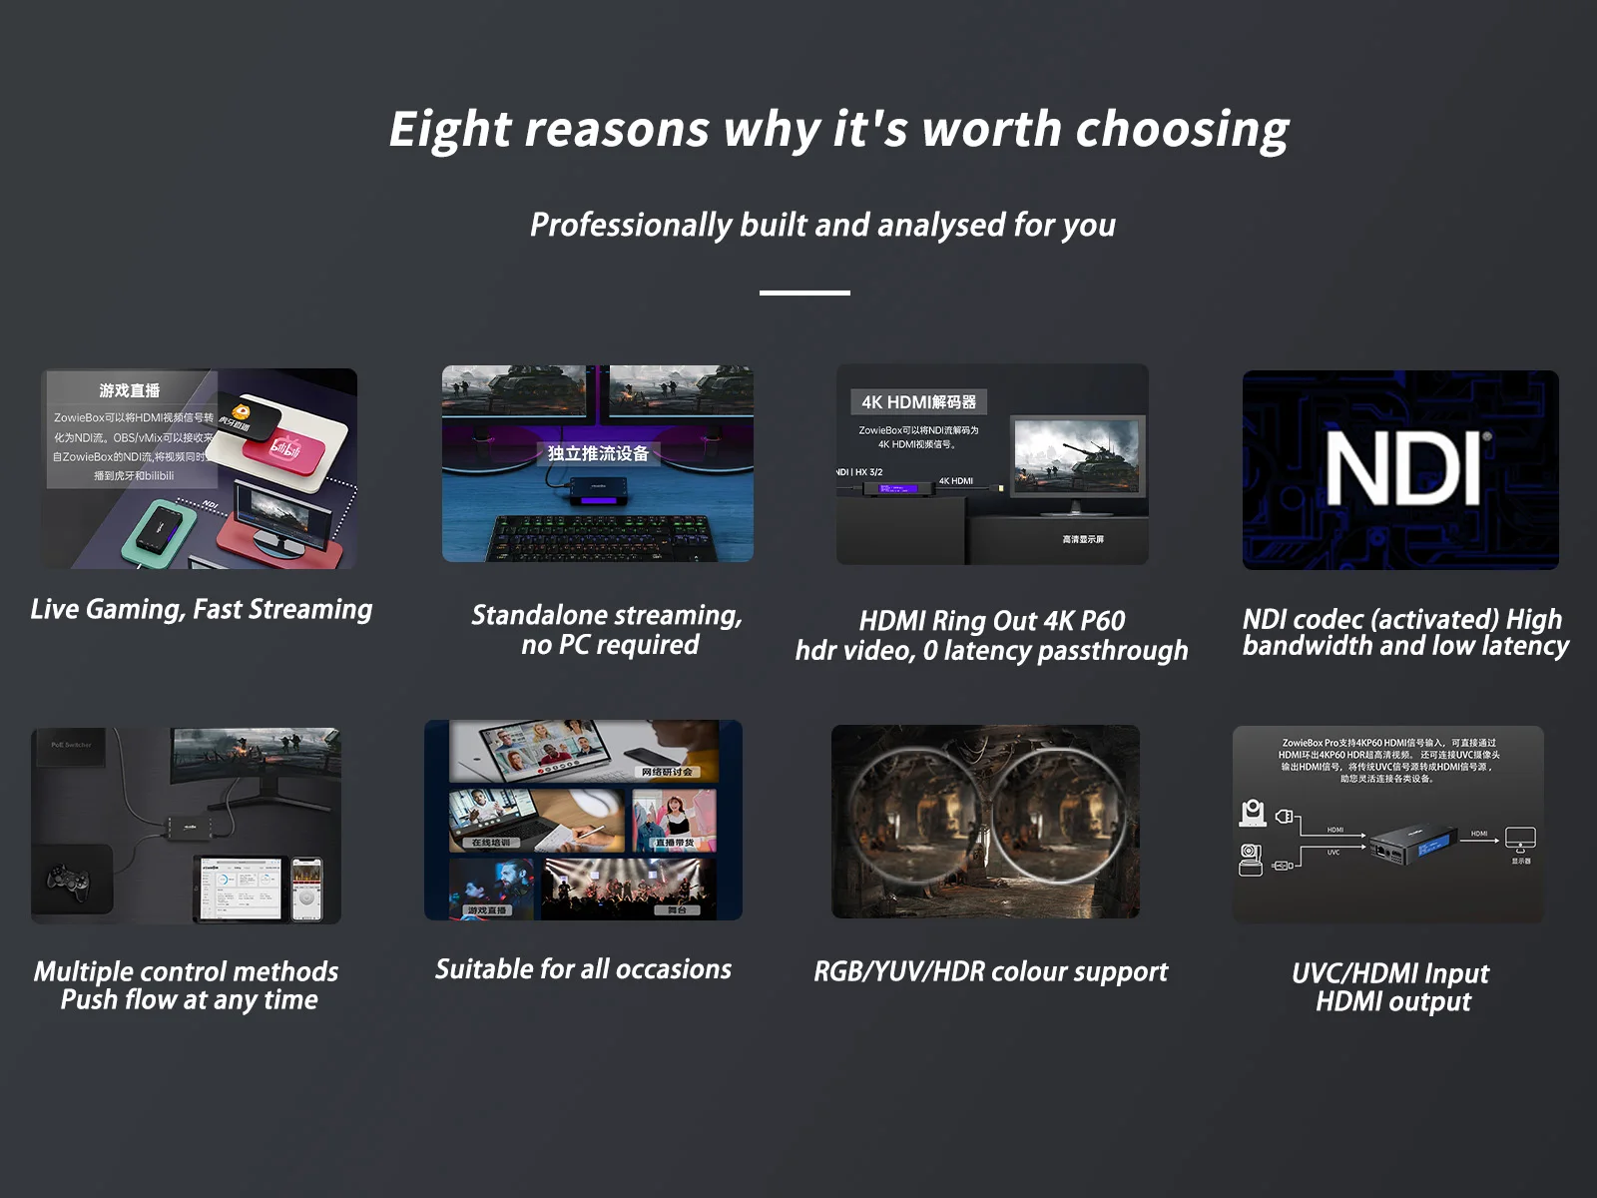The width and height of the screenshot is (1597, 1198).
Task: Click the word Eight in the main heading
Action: (x=450, y=130)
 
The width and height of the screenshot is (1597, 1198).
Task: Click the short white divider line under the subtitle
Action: (x=804, y=293)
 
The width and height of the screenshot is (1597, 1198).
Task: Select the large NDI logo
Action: (x=1401, y=469)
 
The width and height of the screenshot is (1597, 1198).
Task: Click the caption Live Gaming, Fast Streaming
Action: (x=202, y=609)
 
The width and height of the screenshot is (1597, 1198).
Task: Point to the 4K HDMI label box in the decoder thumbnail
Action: (x=918, y=402)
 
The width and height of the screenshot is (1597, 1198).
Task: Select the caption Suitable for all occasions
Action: (x=583, y=969)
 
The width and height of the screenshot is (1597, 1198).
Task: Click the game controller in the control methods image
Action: (x=68, y=881)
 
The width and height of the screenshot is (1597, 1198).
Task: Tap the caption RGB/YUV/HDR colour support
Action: (x=990, y=971)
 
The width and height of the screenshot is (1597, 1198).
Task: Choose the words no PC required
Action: (x=610, y=645)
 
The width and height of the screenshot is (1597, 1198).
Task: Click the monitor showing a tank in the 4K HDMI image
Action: (x=1075, y=457)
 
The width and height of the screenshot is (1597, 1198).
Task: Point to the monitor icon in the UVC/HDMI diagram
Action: (x=1520, y=841)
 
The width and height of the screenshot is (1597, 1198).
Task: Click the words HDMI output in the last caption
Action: (x=1393, y=1001)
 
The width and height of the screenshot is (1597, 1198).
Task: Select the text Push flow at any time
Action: (x=190, y=999)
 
